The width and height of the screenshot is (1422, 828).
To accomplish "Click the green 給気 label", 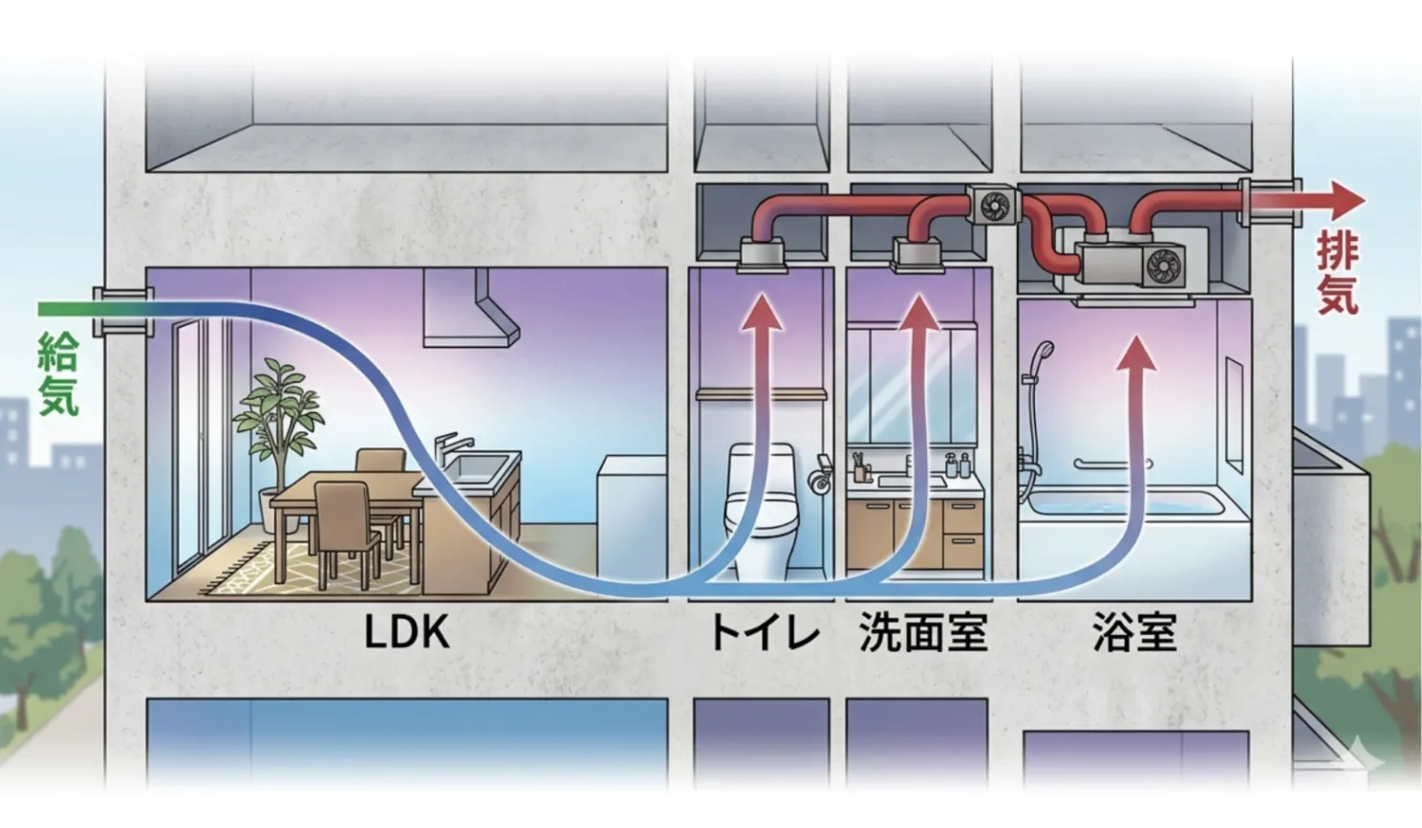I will coord(57,374).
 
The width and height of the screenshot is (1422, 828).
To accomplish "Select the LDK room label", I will coord(406,632).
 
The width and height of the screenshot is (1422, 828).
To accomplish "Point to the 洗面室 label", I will coord(922,632).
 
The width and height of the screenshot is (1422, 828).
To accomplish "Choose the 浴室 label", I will coord(1134,632).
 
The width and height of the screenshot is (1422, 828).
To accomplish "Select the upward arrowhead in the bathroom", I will coord(1136,352).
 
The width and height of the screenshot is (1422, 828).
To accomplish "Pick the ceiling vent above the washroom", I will coord(916,254).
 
